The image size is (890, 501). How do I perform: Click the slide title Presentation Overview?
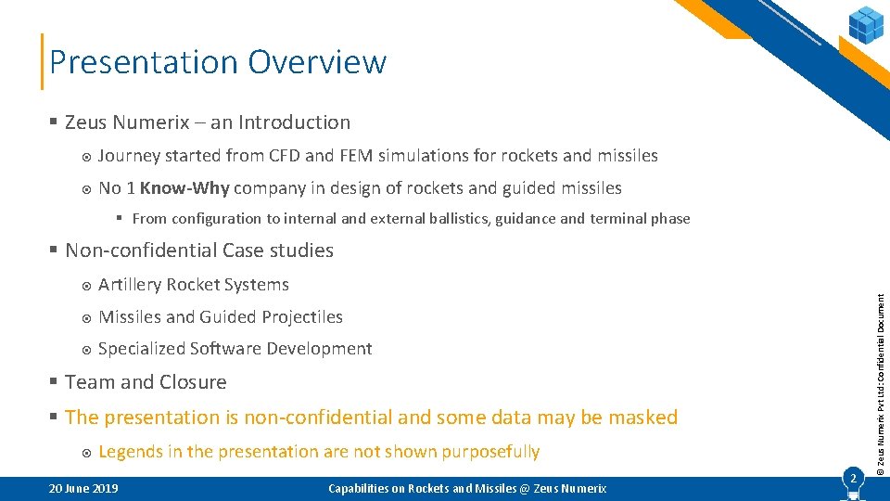click(x=218, y=62)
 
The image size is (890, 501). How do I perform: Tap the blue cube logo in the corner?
click(x=866, y=25)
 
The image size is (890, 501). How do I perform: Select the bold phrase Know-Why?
click(x=184, y=188)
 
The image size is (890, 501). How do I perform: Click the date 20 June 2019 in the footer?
click(x=83, y=488)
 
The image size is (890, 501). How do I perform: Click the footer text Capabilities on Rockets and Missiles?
click(x=467, y=488)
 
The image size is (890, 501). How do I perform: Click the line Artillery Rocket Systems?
click(x=193, y=285)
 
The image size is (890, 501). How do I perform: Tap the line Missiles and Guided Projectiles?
click(x=220, y=317)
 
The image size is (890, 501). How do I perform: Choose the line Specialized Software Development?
click(x=235, y=349)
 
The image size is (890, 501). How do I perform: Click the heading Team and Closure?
click(x=146, y=382)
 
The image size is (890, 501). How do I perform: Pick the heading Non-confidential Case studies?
click(x=198, y=250)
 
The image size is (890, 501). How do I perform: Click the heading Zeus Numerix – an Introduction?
click(x=208, y=122)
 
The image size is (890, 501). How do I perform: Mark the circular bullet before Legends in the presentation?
click(x=84, y=453)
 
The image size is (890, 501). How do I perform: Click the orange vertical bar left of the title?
click(x=42, y=62)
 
